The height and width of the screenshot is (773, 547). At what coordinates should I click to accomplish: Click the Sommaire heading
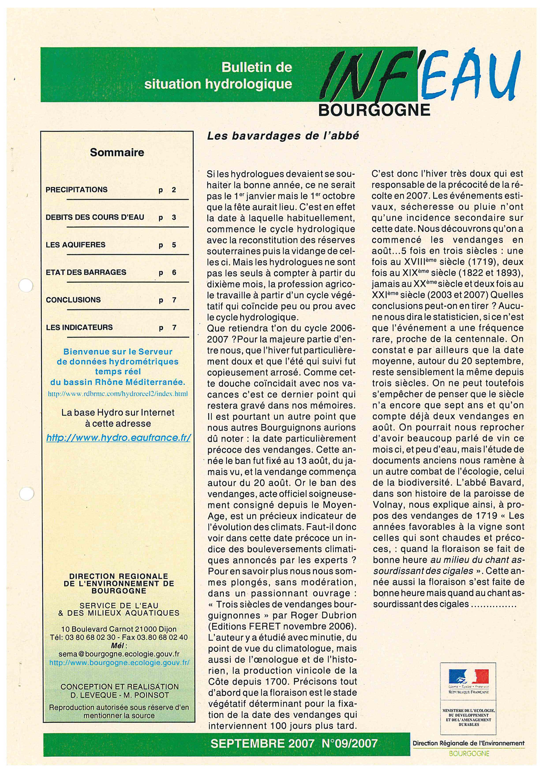(117, 153)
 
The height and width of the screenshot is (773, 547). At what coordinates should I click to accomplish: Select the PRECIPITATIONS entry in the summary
(77, 190)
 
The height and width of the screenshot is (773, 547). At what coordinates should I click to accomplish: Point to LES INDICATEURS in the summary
(79, 327)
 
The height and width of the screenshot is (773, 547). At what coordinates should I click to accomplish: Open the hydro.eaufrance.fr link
(119, 438)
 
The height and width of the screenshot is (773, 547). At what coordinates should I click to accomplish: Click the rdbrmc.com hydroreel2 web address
(118, 394)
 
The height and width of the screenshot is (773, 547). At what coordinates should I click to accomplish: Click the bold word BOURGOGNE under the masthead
(374, 110)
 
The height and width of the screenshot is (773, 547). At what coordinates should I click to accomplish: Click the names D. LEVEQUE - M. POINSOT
(120, 695)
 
